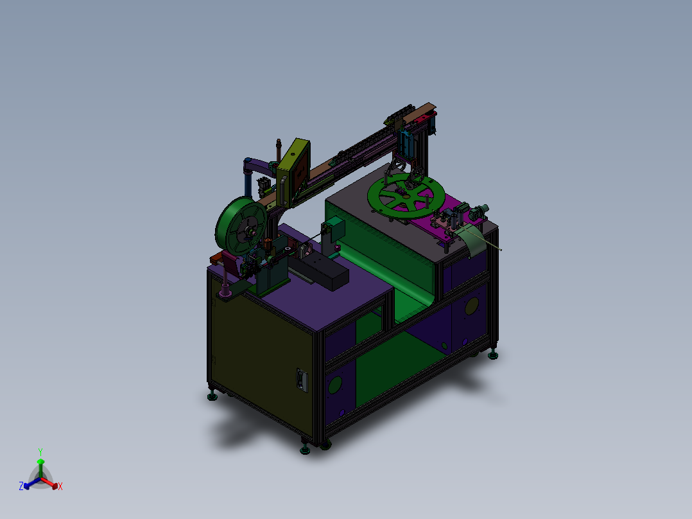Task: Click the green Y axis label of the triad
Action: pos(40,452)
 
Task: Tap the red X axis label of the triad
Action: pos(60,487)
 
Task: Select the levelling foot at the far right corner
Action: pos(493,355)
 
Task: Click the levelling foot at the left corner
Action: pos(212,396)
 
